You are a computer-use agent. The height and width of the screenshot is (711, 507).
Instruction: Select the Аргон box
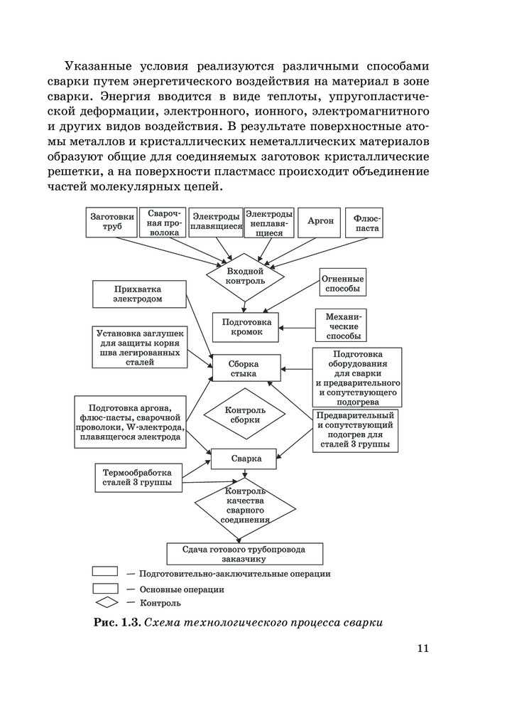click(x=320, y=222)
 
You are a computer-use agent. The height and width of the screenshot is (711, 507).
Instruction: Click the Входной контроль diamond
click(x=245, y=277)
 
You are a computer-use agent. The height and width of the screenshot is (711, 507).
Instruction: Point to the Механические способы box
click(x=342, y=326)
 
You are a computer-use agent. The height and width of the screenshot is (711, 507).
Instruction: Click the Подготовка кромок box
click(x=246, y=326)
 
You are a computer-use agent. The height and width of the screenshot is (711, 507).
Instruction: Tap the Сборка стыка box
click(x=246, y=368)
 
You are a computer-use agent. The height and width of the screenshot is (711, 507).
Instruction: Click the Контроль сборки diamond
click(x=245, y=415)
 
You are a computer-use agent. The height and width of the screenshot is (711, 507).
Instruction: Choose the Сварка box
click(x=246, y=459)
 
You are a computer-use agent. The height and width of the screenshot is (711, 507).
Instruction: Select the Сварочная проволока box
click(x=164, y=222)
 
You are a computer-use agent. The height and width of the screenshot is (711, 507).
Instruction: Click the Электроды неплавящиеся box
click(x=268, y=222)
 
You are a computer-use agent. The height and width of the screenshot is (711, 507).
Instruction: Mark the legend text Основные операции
click(x=182, y=589)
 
